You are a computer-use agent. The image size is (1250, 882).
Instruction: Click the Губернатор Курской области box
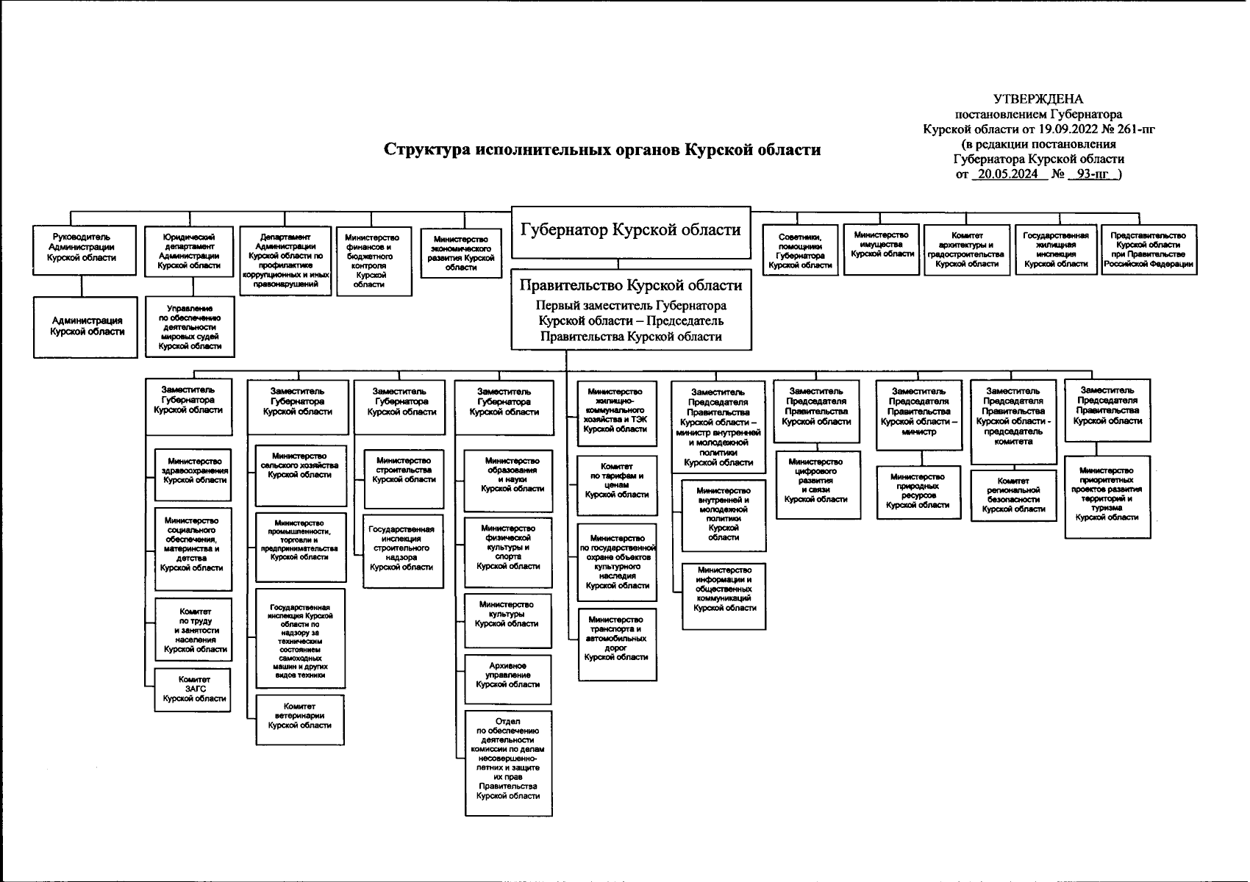(630, 231)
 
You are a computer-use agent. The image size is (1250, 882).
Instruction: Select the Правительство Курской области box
(631, 309)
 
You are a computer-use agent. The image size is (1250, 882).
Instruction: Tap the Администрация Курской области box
(86, 326)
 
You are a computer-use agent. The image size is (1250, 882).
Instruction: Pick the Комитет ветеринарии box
(299, 716)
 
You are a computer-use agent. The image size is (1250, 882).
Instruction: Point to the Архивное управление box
(507, 675)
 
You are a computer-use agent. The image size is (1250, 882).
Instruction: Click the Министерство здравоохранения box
(194, 470)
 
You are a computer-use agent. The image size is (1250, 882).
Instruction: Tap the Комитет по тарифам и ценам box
(616, 485)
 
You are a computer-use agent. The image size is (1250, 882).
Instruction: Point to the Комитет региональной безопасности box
(1013, 495)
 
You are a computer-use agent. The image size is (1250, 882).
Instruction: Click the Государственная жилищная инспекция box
(1056, 249)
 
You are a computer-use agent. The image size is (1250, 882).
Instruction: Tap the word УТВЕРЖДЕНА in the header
(1038, 99)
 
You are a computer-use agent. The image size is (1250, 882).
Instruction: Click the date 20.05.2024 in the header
(1007, 174)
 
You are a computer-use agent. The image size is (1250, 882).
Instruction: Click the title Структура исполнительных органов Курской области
(602, 150)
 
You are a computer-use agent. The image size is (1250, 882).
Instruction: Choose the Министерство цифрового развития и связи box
(816, 481)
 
